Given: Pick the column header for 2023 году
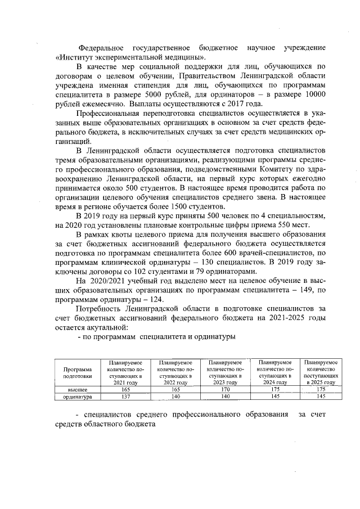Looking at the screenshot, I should [x=225, y=372].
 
